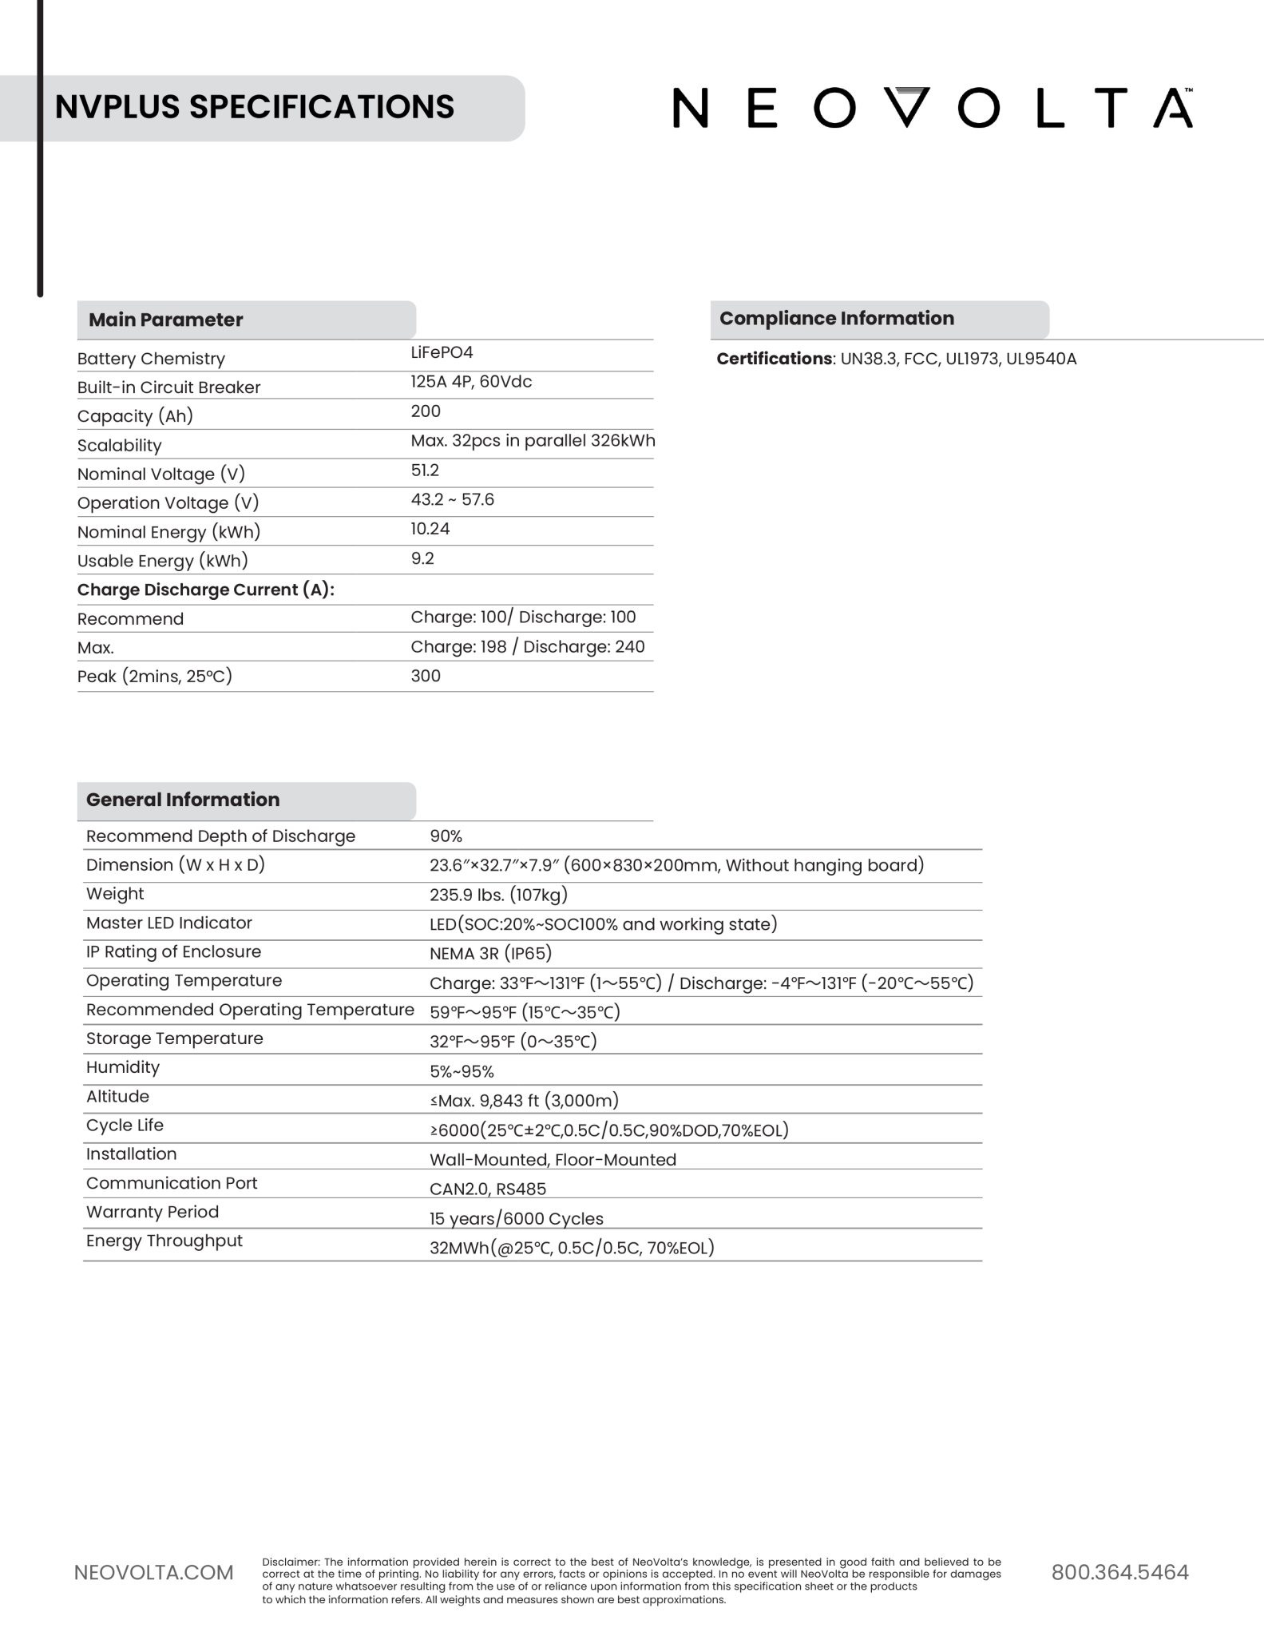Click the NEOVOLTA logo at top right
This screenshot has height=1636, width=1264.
pos(933,108)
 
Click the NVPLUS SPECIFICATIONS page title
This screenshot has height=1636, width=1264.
pos(254,107)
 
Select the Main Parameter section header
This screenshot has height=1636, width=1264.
pos(165,320)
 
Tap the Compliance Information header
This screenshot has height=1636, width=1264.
pos(836,318)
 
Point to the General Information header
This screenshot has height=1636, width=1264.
pos(183,800)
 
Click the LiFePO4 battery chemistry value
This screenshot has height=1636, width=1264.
pos(442,352)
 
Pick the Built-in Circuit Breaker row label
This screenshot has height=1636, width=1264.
pos(168,387)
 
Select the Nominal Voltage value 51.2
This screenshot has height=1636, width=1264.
pos(425,471)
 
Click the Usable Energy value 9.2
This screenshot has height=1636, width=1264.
pos(422,558)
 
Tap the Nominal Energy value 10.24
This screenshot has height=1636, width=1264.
pos(430,529)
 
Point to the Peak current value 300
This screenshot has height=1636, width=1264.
pos(426,676)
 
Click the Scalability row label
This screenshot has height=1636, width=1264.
pos(119,446)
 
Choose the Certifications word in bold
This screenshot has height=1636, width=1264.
pos(774,359)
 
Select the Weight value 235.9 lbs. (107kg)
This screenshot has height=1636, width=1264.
pos(498,895)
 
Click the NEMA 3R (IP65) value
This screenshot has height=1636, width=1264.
pos(490,953)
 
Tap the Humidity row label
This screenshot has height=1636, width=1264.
pos(123,1067)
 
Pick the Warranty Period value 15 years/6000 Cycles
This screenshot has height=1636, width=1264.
pos(516,1219)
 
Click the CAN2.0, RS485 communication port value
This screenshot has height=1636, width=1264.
pos(488,1189)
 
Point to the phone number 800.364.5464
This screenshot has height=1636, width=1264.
pos(1119,1572)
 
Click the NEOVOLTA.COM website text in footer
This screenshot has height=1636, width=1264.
pos(153,1573)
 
